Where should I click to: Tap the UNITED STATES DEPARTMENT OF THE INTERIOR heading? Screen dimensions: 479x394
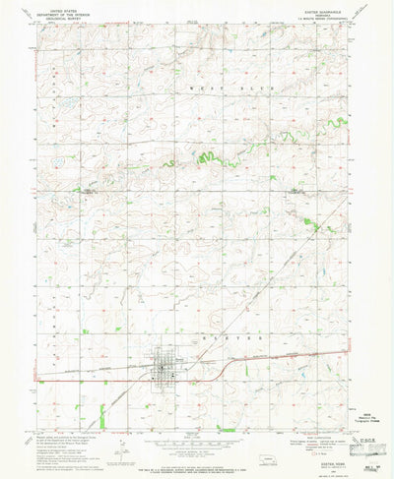(61, 13)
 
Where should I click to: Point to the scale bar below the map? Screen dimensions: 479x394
(196, 439)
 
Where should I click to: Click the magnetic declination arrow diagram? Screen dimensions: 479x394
(116, 443)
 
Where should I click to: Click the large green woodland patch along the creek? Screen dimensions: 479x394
(207, 157)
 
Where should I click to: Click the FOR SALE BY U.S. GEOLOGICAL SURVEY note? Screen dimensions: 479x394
(196, 463)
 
